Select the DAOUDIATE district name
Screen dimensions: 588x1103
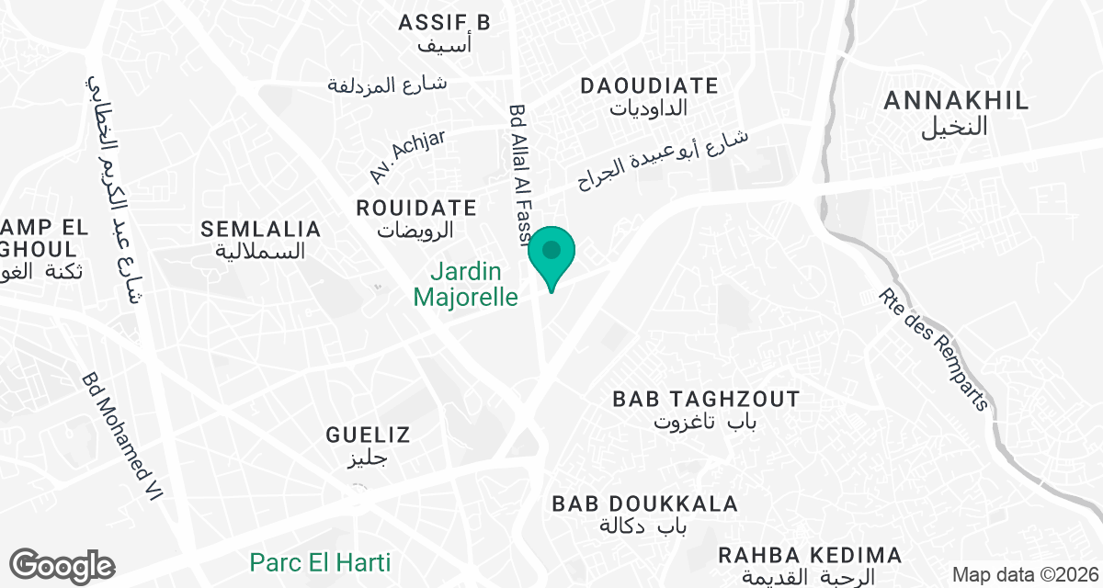(649, 86)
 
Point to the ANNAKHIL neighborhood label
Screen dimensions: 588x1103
(956, 102)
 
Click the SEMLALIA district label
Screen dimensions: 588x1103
(261, 230)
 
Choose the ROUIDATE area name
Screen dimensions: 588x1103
(416, 209)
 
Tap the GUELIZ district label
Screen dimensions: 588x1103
(368, 435)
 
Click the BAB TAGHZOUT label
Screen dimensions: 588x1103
(706, 400)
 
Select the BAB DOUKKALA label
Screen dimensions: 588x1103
(645, 504)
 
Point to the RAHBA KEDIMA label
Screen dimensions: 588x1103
(810, 556)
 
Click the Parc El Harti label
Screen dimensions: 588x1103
(321, 561)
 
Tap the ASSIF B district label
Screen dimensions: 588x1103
(445, 23)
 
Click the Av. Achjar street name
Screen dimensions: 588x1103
(407, 155)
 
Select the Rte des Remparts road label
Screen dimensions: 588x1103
(932, 350)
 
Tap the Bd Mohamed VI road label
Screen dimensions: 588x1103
(121, 435)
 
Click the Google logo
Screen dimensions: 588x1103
(62, 566)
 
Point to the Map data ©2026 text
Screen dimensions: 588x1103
(1024, 575)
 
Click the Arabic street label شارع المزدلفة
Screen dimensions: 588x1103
(387, 85)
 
